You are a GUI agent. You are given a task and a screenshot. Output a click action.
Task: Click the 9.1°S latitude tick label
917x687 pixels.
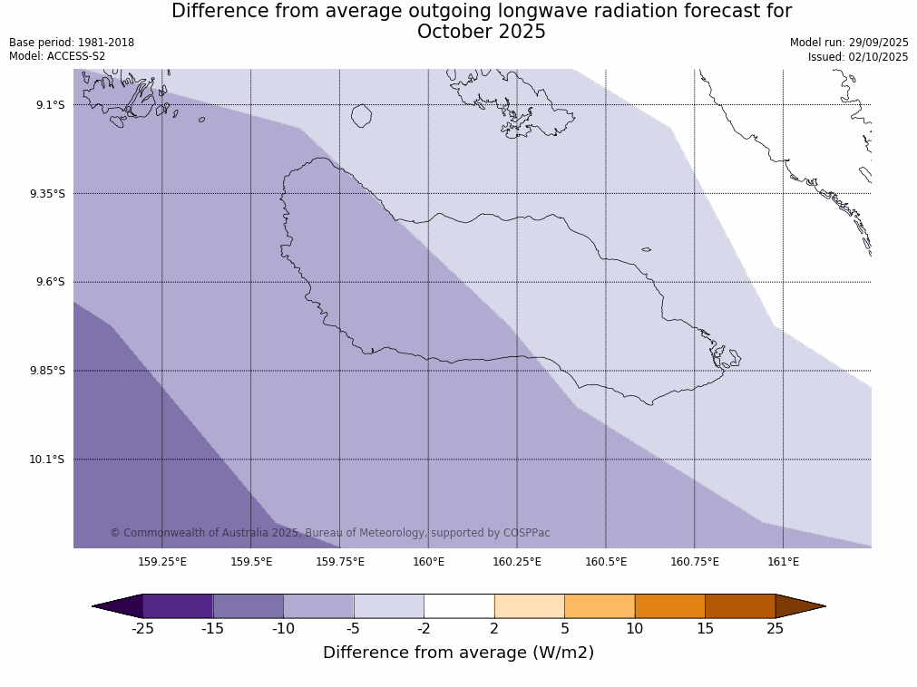point(51,105)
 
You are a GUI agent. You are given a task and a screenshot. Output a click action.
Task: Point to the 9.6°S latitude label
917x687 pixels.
point(51,282)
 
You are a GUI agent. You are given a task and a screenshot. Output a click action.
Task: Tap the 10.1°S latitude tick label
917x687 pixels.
point(47,460)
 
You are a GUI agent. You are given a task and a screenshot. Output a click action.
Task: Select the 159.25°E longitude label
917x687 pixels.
point(162,562)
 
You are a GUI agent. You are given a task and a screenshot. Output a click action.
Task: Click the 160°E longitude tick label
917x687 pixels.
point(428,562)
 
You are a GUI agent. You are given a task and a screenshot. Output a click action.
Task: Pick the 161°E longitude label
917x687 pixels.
point(783,562)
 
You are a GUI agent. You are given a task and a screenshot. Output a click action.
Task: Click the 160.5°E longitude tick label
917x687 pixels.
point(606,562)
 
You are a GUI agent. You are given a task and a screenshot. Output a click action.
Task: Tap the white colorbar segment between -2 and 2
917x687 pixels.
point(459,606)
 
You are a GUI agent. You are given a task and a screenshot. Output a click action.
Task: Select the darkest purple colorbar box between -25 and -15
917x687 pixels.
point(178,606)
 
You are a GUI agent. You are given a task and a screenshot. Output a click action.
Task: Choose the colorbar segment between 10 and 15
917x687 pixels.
point(669,606)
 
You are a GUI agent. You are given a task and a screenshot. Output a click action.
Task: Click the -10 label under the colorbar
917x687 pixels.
point(283,629)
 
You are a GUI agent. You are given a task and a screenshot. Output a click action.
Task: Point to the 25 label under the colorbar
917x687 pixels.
point(775,629)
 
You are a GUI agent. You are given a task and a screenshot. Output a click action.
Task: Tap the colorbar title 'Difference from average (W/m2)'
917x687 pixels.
point(458,653)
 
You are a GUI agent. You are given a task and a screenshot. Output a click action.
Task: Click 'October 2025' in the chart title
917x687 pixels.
point(481,33)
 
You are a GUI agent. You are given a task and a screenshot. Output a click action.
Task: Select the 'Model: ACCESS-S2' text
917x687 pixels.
point(57,56)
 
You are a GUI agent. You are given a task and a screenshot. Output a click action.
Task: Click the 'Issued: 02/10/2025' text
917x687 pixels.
point(858,57)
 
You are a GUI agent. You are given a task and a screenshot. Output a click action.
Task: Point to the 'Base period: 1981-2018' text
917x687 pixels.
point(72,43)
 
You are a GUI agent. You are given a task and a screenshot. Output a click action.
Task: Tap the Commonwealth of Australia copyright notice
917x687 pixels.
point(330,533)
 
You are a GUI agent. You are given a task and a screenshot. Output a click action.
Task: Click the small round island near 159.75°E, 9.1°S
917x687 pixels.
point(361,116)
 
